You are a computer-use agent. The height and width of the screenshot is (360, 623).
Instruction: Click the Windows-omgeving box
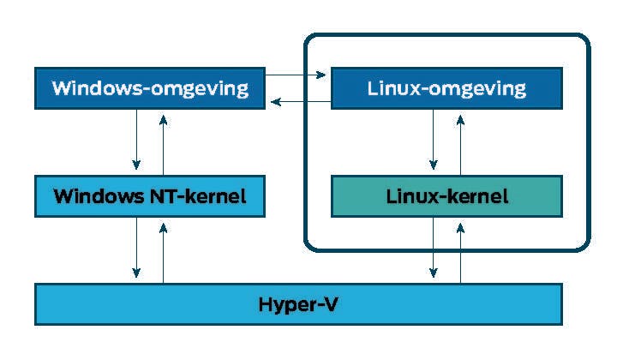click(149, 88)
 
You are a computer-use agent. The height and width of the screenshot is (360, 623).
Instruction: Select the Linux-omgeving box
click(446, 88)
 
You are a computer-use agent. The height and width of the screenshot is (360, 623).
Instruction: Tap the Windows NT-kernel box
click(149, 196)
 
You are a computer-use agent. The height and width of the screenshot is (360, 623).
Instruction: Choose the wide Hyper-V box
click(298, 304)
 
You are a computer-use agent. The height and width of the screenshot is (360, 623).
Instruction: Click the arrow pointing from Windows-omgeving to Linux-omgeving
click(297, 76)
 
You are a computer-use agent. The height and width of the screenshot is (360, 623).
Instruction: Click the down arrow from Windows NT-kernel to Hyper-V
click(135, 249)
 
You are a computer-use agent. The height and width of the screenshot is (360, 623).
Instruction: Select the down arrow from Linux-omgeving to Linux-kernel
click(434, 141)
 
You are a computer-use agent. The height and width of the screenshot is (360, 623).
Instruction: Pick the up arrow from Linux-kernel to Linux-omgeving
click(460, 141)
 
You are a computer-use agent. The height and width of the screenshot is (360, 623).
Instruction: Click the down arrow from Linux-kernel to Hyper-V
click(434, 249)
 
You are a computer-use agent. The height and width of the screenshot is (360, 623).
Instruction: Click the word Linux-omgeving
click(446, 88)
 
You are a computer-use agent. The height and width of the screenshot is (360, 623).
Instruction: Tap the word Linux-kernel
click(446, 196)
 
